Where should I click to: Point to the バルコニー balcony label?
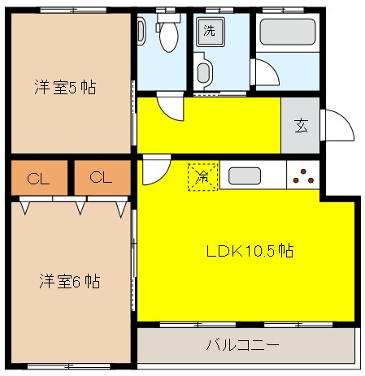(x=242, y=345)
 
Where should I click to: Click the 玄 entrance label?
(x=301, y=126)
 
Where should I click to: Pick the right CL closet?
(x=102, y=178)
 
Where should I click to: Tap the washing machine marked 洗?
(x=210, y=32)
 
